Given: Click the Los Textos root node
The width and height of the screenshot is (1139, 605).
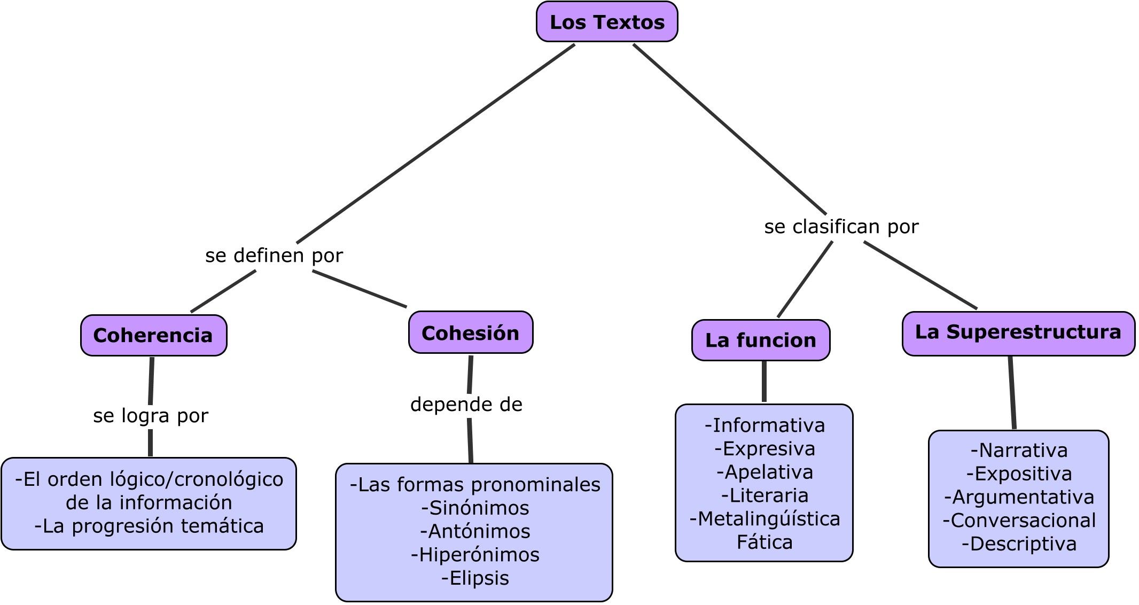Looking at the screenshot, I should pos(607,22).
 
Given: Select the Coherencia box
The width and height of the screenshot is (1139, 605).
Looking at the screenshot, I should pos(153,336).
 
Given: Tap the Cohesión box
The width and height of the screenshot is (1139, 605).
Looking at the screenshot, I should pos(471,333).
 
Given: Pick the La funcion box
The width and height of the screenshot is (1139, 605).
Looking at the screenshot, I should pos(761,340).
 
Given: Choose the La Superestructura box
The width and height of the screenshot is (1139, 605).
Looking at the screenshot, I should pos(1018,332).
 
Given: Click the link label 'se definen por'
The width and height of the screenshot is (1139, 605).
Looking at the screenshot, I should pos(274,255).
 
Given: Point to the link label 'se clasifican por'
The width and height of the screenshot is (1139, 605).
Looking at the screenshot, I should pos(841,227).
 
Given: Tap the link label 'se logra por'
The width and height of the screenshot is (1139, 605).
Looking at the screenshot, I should pos(150,416).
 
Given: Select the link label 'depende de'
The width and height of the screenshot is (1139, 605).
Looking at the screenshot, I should pos(466,405).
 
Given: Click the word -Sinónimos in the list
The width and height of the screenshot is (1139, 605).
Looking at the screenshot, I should pos(475,508).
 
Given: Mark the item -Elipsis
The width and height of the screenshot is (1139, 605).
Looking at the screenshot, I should pos(475,578).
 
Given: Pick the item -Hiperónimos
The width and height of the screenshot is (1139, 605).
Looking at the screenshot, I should pos(475,555).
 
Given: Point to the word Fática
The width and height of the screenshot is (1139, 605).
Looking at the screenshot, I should pos(764,542).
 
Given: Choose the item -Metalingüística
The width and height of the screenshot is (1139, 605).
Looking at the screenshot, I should pos(764,519).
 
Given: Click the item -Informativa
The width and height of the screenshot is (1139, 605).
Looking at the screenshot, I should pos(764,425).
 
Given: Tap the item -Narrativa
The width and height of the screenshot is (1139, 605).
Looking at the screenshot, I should pos(1019,451).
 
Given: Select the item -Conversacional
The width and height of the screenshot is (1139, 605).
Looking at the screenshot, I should pos(1019,521).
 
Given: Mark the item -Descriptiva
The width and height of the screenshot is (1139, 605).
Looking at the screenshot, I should pos(1019,544).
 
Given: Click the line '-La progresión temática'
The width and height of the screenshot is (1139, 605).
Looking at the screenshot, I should pos(149,526).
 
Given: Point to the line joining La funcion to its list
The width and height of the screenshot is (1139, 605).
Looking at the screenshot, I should pos(764,382).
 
